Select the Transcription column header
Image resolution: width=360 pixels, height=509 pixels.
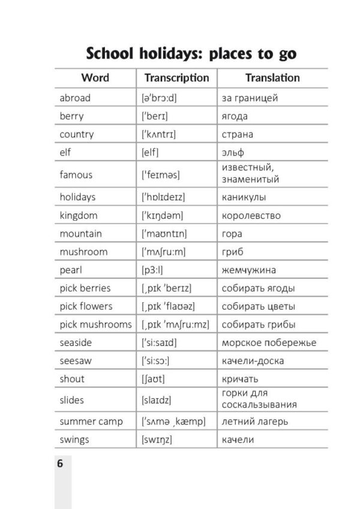(176, 78)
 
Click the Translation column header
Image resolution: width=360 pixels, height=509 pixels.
(272, 78)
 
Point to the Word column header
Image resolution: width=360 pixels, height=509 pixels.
(95, 78)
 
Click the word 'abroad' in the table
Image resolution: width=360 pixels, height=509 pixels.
(75, 98)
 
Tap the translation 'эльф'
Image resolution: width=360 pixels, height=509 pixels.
(233, 152)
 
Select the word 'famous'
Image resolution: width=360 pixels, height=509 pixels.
(76, 174)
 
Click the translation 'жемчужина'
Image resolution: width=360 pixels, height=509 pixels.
(249, 270)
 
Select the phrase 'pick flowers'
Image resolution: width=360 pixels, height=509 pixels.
(86, 306)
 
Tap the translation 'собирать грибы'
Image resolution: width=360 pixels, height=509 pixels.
(258, 324)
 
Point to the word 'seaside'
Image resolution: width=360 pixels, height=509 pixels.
(76, 343)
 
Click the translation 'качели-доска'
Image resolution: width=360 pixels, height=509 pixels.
(253, 361)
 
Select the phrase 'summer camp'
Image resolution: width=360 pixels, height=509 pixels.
(91, 421)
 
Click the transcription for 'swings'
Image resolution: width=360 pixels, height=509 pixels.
(157, 440)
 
